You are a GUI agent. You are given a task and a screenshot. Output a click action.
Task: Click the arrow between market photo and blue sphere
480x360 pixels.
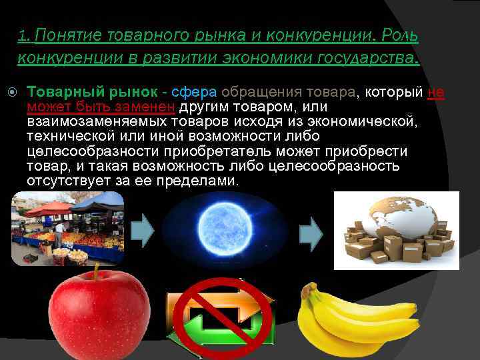(142, 229)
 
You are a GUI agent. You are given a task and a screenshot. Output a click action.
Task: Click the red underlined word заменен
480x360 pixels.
(151, 107)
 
